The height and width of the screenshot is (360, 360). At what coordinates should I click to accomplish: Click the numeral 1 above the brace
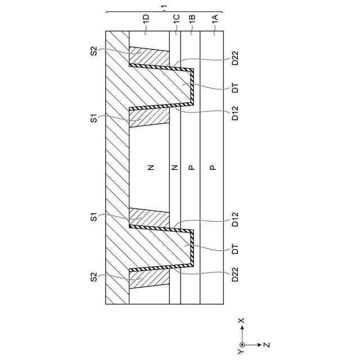[163, 7]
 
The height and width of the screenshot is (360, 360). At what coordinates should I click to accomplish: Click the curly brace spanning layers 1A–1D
[163, 12]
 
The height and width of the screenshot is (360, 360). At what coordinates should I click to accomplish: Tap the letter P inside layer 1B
[191, 167]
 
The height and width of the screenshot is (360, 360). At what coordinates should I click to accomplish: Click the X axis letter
[241, 321]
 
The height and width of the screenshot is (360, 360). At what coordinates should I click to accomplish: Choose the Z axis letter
[267, 344]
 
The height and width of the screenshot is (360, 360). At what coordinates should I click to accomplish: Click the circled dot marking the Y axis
[242, 344]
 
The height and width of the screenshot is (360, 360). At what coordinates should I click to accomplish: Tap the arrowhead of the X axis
[242, 328]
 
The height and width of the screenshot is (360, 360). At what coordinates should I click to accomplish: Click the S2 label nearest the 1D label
[94, 52]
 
